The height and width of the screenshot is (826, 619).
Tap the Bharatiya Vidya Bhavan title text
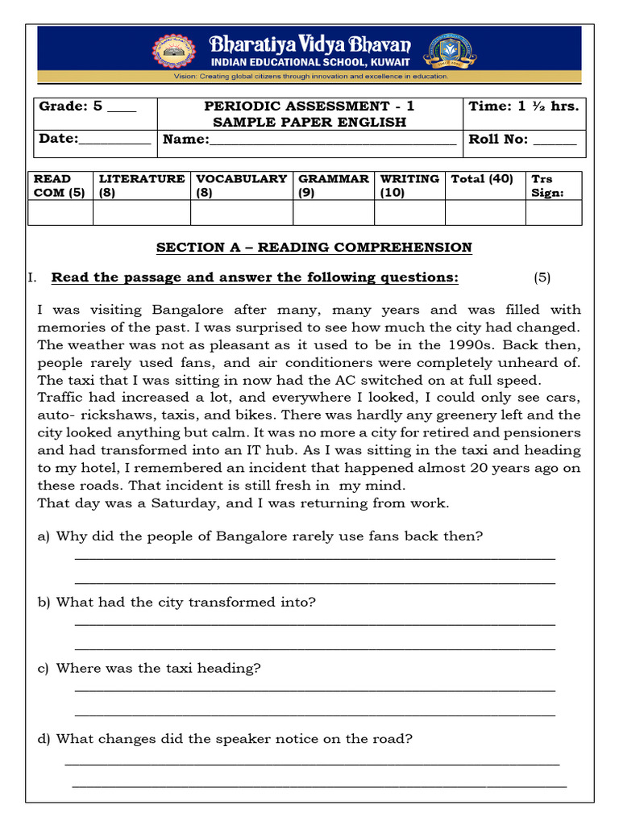point(309,44)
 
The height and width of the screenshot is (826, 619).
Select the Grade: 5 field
point(88,106)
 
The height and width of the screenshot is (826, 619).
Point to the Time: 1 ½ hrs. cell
point(524,106)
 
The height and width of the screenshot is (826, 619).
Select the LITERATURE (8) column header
point(141,186)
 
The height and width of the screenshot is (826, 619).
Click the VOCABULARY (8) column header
point(241,186)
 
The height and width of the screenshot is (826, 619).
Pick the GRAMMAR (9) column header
point(334,186)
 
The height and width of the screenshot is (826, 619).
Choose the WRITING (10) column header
point(409,186)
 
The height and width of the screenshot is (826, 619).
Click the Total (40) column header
point(482,179)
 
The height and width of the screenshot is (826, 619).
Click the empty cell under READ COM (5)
point(60,212)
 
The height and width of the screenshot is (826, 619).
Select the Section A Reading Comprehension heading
point(314,247)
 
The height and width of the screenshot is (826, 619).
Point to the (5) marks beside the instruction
point(542,277)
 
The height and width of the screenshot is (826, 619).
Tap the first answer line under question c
point(314,688)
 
